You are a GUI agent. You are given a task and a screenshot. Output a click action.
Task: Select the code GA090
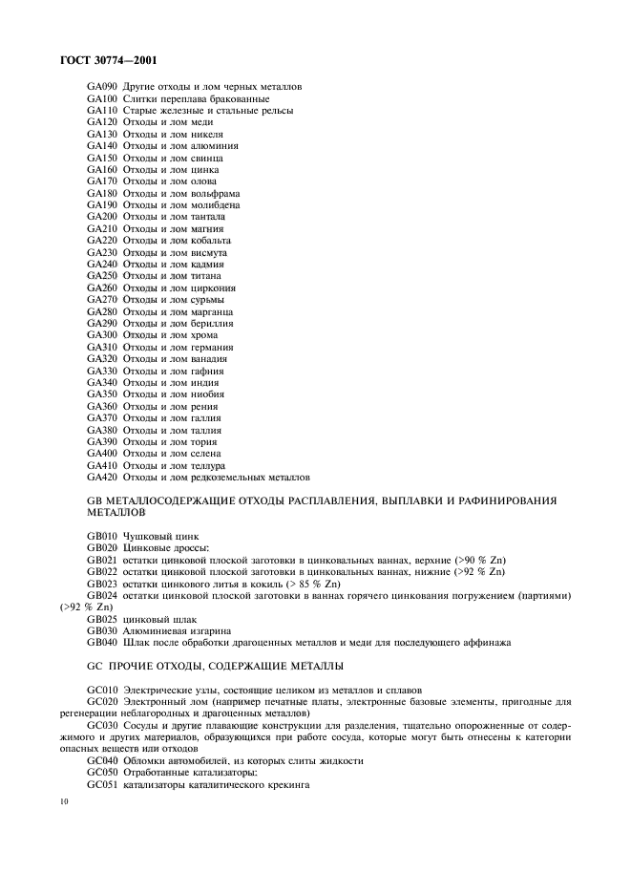[101, 87]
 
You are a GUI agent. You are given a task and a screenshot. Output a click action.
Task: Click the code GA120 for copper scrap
[101, 122]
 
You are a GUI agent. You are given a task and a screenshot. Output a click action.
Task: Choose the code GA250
[101, 276]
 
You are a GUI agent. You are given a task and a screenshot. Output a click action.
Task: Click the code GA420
[101, 477]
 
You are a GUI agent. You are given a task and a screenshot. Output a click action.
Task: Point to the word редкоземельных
[230, 477]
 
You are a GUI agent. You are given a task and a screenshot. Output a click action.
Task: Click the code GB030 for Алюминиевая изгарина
[101, 630]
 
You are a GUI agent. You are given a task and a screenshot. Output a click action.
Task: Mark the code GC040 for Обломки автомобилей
[101, 760]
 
